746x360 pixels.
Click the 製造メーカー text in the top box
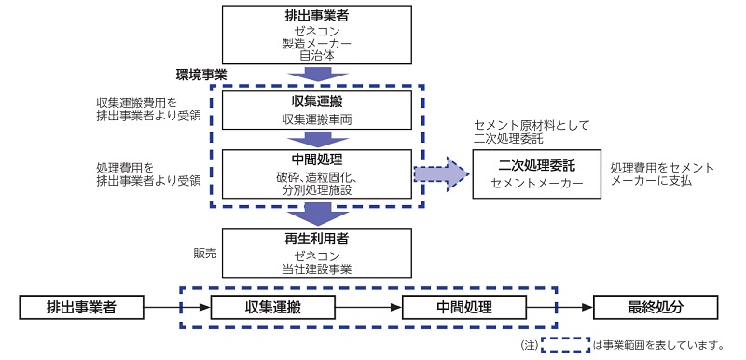pyautogui.click(x=317, y=43)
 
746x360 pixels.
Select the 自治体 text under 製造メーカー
pyautogui.click(x=317, y=56)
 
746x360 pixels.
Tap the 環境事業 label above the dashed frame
pyautogui.click(x=201, y=74)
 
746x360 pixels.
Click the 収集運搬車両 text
pyautogui.click(x=317, y=120)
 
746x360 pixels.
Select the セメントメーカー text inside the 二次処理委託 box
pyautogui.click(x=537, y=184)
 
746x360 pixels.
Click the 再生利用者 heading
pyautogui.click(x=317, y=239)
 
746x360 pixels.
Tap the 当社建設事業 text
pyautogui.click(x=317, y=270)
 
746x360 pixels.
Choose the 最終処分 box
pyautogui.click(x=656, y=307)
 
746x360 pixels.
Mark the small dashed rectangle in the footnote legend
pyautogui.click(x=565, y=344)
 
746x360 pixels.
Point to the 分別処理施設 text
pyautogui.click(x=317, y=190)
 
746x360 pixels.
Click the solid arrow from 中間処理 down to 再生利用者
pyautogui.click(x=317, y=217)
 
